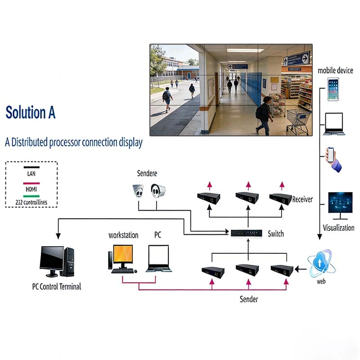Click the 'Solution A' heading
coord(31,113)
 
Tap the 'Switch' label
coord(275,234)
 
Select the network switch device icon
coord(246,233)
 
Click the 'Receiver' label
coord(302,199)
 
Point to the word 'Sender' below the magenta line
coord(249,299)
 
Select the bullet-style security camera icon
coord(158,191)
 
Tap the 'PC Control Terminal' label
coord(57,286)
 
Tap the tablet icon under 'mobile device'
coord(333,89)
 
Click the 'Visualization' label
coord(338,228)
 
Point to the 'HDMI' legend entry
coord(31,189)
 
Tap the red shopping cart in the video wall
coord(298,121)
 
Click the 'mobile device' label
coord(335,70)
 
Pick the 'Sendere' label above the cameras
coord(147,174)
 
